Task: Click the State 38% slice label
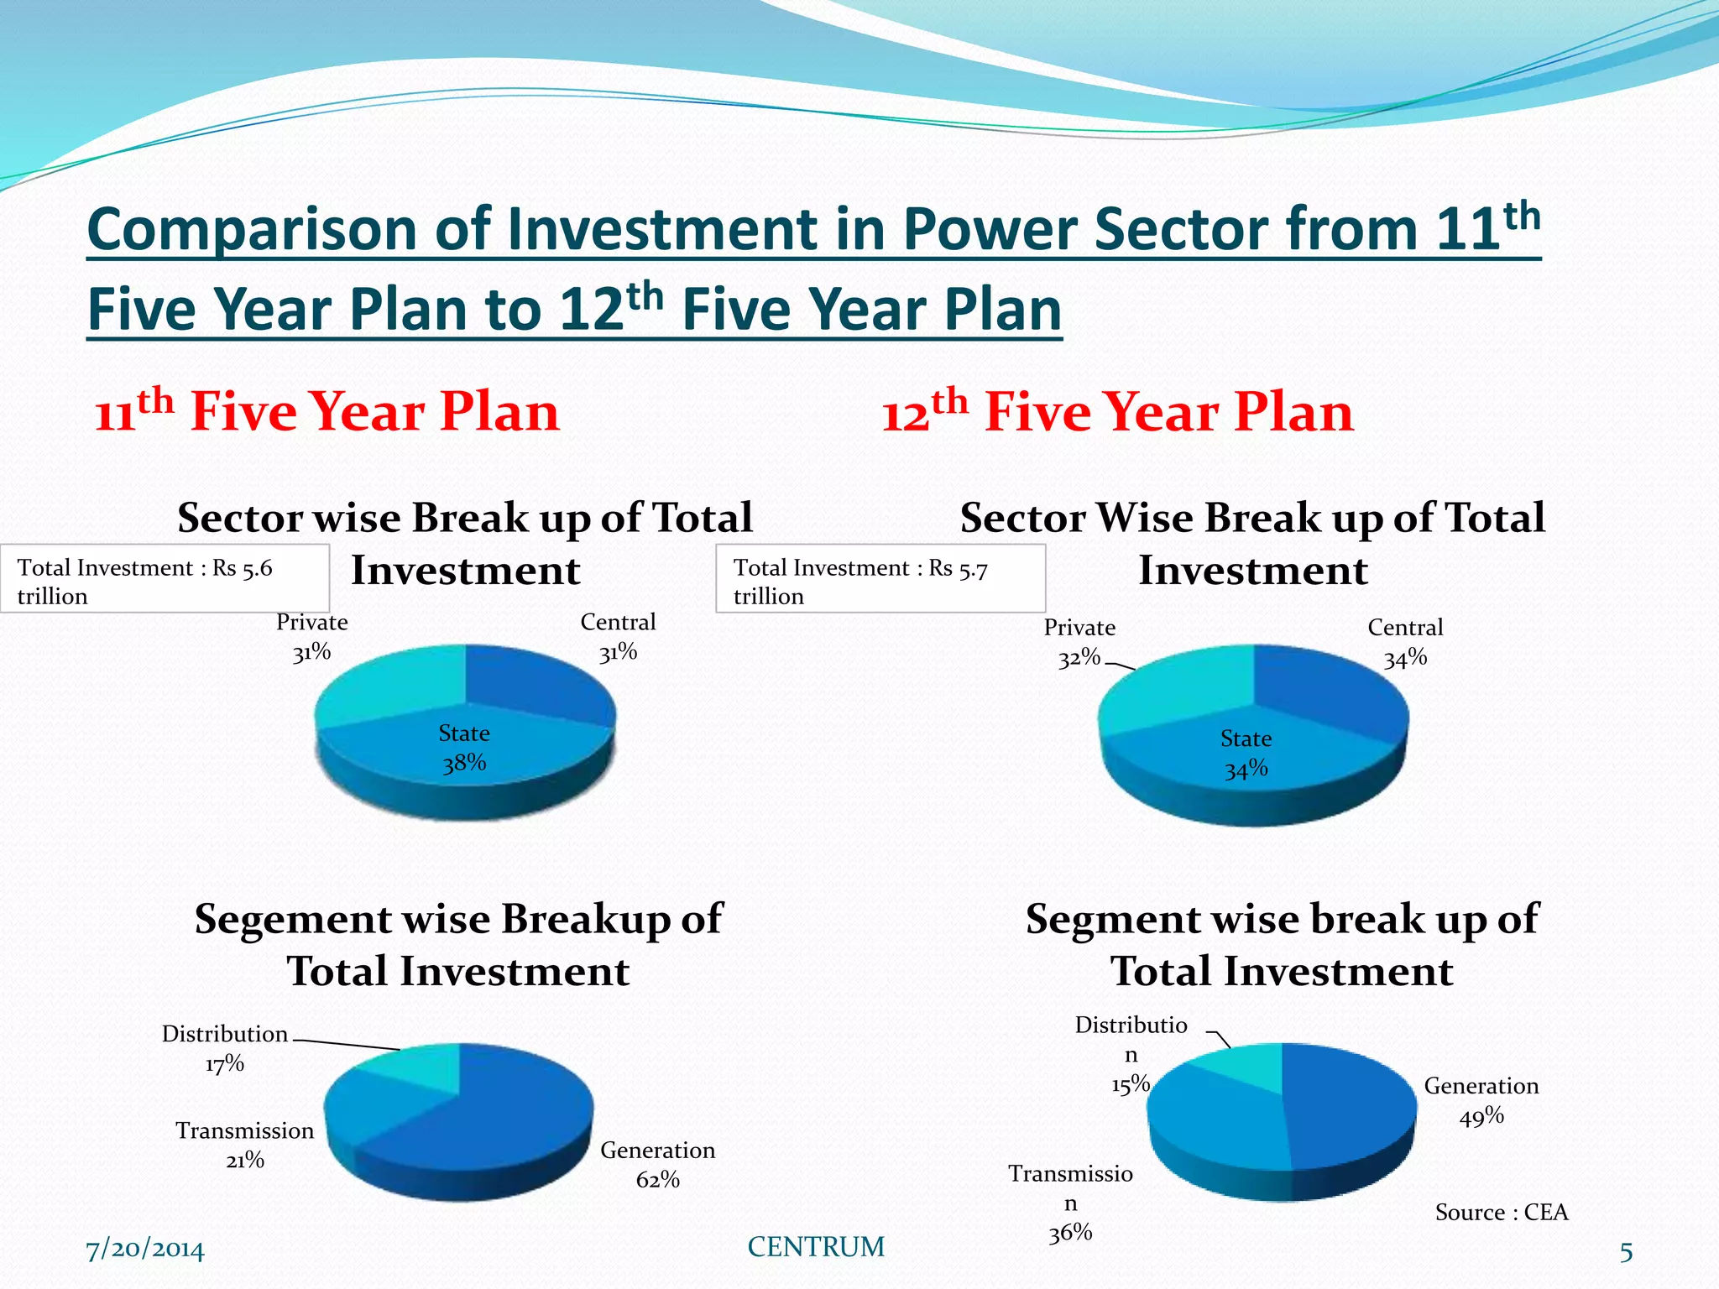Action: click(x=464, y=748)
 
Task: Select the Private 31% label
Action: click(x=311, y=637)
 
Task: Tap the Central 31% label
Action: click(x=618, y=637)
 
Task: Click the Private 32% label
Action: click(x=1079, y=642)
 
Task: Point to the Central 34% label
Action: click(x=1405, y=642)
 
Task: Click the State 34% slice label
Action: click(x=1246, y=754)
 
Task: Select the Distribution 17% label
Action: click(x=225, y=1048)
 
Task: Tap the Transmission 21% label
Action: click(x=244, y=1145)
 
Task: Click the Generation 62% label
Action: click(x=657, y=1164)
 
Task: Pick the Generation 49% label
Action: click(x=1481, y=1100)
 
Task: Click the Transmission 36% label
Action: click(x=1070, y=1202)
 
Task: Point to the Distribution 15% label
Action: click(x=1131, y=1054)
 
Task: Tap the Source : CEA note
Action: click(x=1501, y=1212)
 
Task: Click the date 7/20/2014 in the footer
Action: click(x=145, y=1250)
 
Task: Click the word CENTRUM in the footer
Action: click(x=816, y=1247)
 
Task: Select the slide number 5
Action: click(x=1626, y=1252)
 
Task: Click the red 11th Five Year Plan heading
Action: click(x=327, y=411)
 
